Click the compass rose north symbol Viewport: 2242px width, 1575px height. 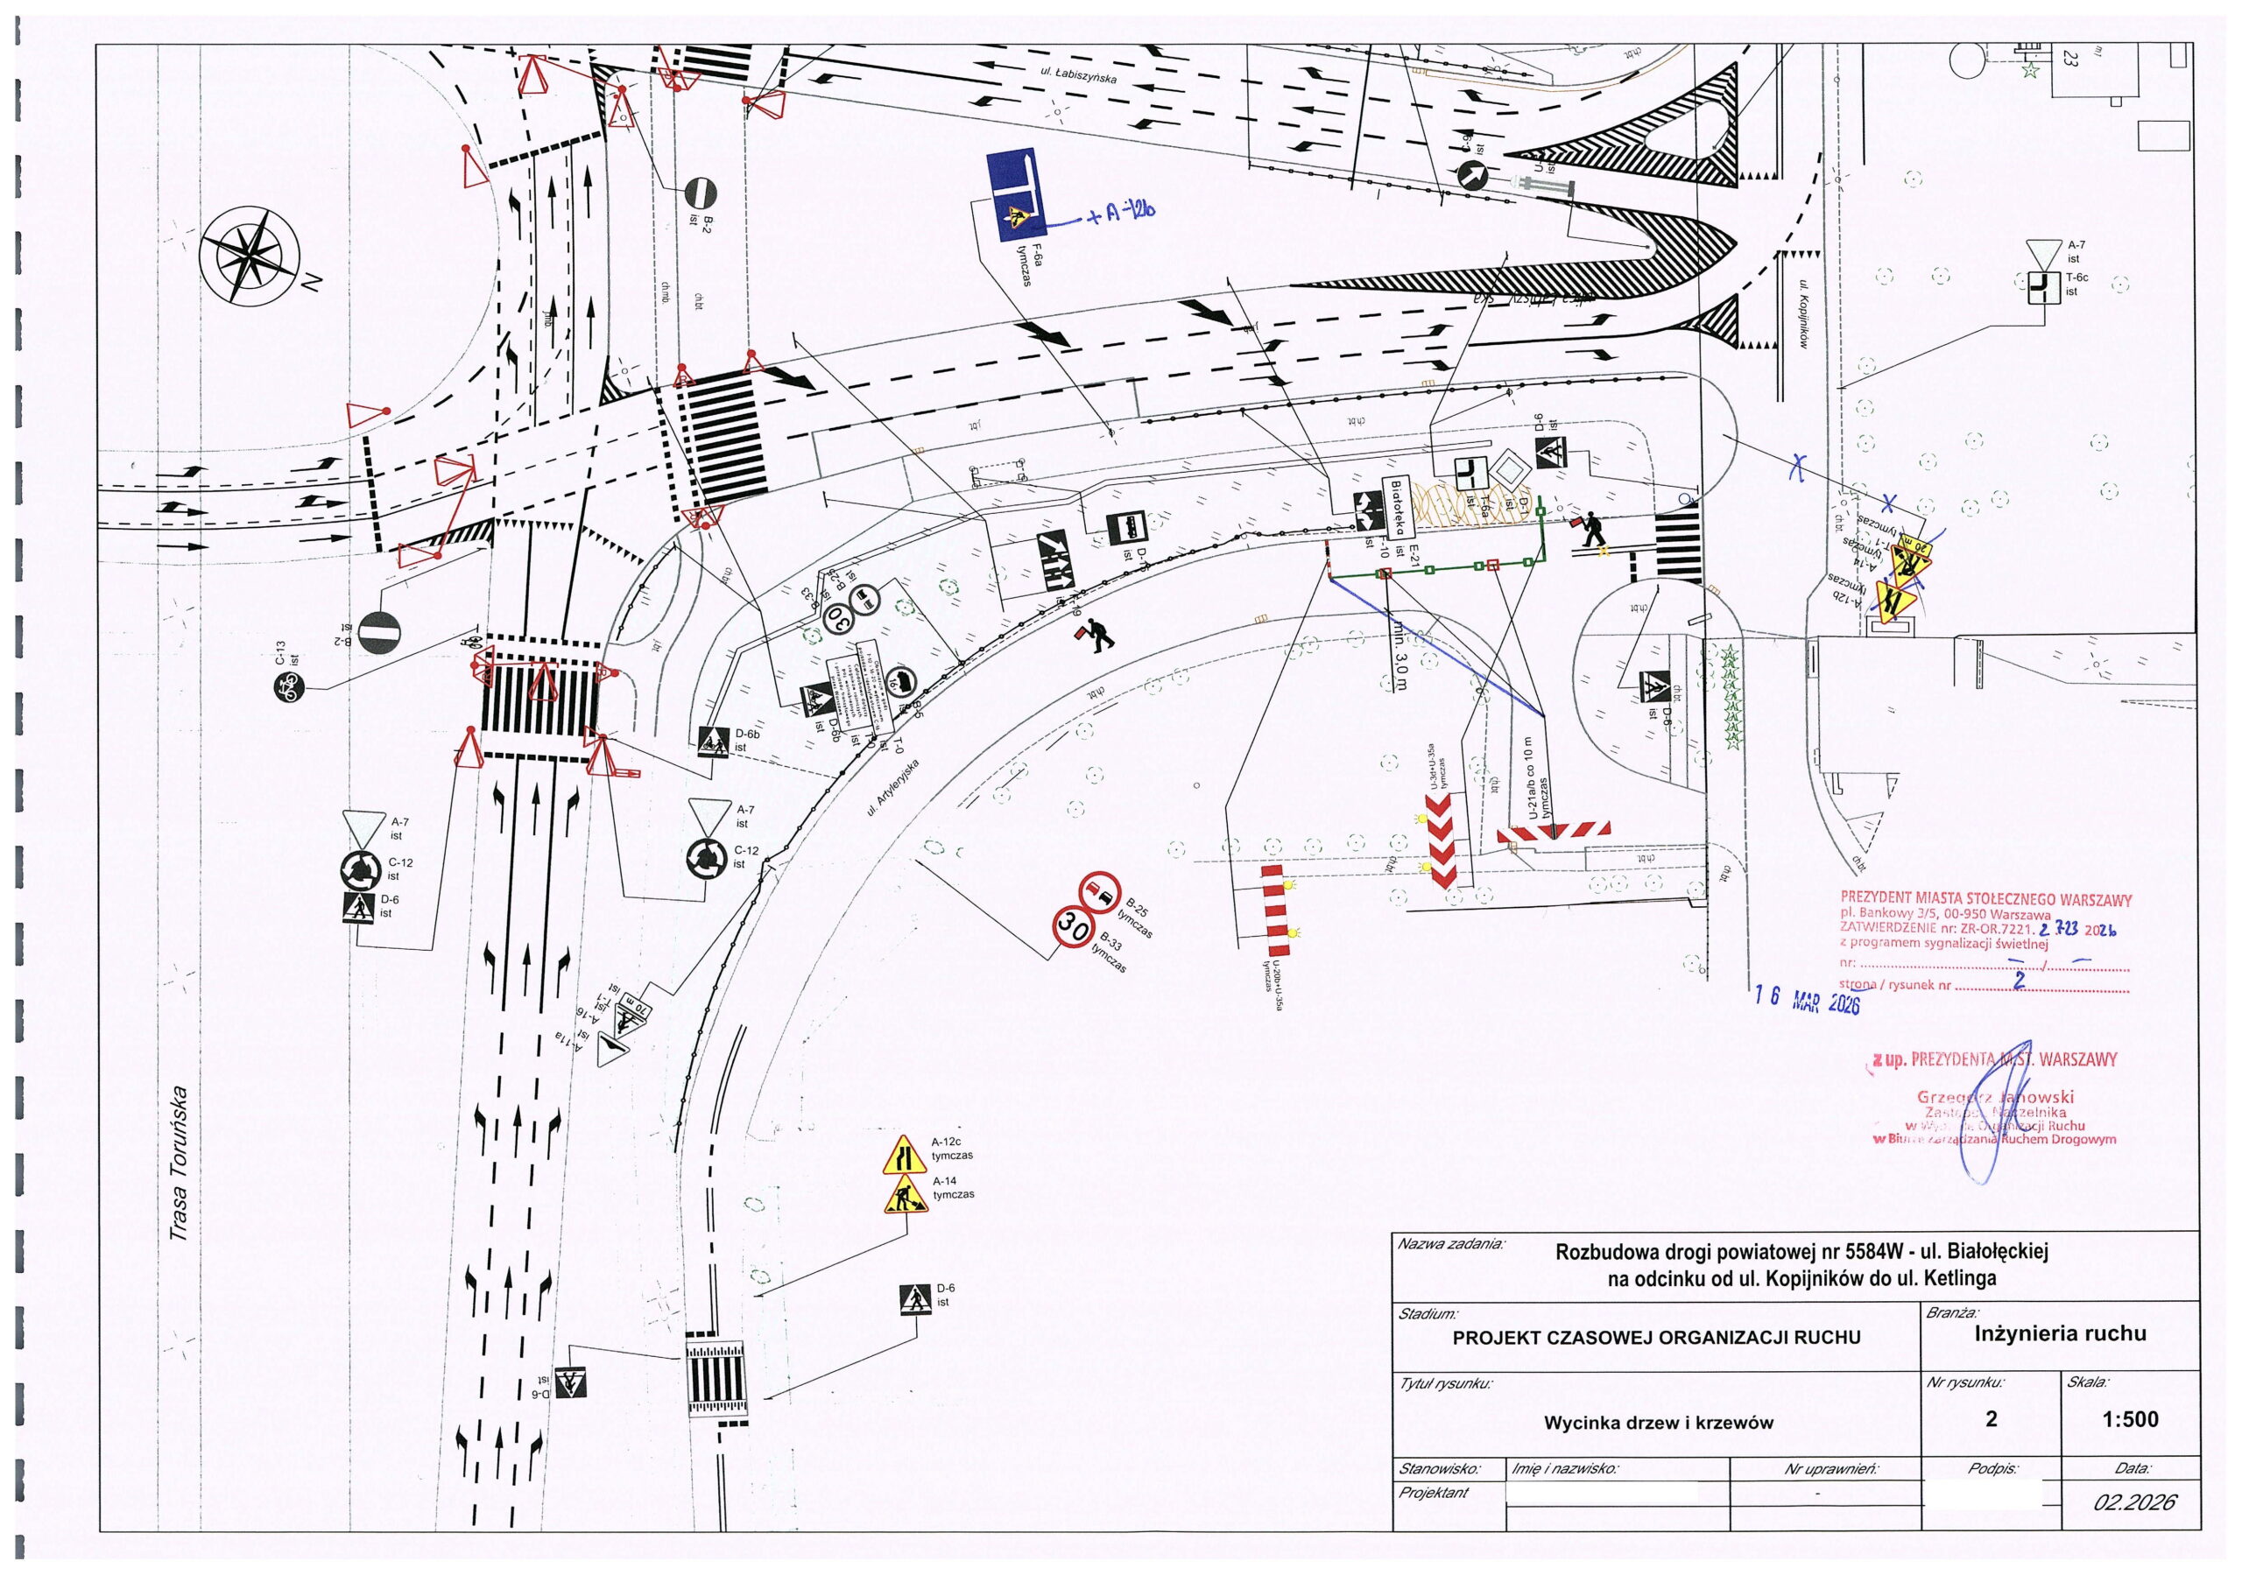coord(250,256)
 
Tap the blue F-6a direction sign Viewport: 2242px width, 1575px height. coord(1012,195)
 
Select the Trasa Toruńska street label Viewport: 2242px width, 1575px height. coord(179,1163)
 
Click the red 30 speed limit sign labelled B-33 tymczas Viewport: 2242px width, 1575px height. coord(1071,926)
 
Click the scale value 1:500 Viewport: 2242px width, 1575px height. coord(2130,1419)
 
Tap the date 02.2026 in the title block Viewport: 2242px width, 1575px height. coord(2133,1501)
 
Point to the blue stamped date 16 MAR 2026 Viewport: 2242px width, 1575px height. coord(1807,999)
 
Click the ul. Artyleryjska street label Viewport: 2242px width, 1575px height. coord(893,786)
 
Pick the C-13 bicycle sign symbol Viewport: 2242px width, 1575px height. coord(287,688)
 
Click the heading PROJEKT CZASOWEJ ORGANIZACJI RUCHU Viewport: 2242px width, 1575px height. coord(1656,1338)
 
